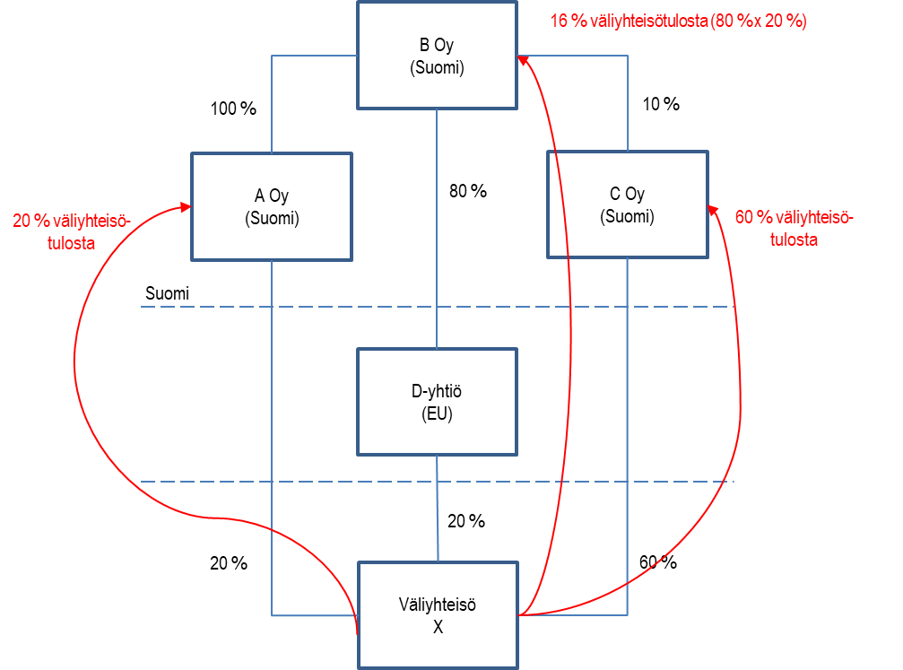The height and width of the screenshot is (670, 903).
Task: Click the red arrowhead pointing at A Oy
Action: click(187, 207)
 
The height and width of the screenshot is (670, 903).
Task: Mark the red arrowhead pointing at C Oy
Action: click(713, 210)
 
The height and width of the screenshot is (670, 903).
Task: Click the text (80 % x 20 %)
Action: click(758, 22)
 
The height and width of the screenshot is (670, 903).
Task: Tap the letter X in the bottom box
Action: click(438, 628)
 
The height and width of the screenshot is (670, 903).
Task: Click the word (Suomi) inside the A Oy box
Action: click(272, 219)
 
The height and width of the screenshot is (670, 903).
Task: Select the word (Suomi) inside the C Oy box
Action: click(627, 217)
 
